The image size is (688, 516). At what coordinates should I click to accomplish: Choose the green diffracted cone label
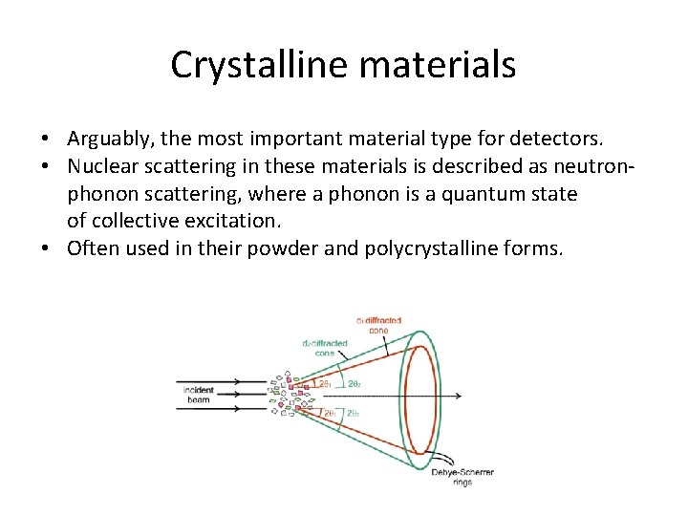[x=326, y=347]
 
